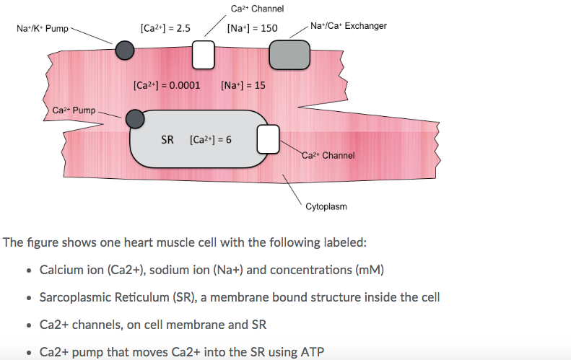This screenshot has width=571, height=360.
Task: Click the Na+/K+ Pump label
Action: (43, 29)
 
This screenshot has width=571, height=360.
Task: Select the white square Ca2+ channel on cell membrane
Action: (203, 53)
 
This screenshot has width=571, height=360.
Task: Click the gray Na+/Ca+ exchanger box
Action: (289, 53)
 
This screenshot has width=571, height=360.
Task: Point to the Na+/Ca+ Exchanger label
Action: (348, 26)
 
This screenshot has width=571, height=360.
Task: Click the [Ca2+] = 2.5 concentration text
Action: (165, 29)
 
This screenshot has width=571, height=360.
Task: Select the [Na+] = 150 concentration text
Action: (251, 29)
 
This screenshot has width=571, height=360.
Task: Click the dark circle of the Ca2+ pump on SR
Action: (134, 119)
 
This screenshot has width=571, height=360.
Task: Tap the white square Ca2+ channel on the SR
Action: (268, 139)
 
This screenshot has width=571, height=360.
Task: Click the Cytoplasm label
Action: (326, 206)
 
